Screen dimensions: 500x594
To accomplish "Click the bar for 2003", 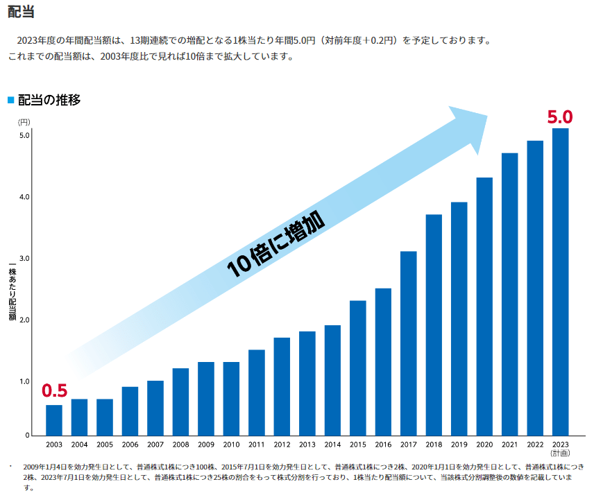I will (54, 420).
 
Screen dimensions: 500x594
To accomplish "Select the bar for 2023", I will (560, 282).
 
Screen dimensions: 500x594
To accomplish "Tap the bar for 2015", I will (357, 368).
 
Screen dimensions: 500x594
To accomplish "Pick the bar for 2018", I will (434, 325).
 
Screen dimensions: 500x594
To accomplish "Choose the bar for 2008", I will (180, 402).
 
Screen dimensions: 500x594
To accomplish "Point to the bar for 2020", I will (484, 306).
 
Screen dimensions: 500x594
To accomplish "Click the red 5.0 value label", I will (559, 117).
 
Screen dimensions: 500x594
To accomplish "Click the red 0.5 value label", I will (54, 391).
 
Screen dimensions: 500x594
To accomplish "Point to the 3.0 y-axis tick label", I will (24, 259).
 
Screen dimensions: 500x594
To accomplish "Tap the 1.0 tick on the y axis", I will (24, 381).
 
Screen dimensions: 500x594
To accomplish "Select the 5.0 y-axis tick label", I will (24, 135).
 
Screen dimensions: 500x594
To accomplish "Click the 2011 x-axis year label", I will (256, 445).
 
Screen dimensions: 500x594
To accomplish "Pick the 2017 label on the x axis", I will (408, 445).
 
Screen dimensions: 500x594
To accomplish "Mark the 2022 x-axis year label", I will (535, 445).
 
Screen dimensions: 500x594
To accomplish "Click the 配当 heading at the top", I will (21, 12).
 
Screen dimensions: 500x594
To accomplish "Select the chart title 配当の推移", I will (49, 100).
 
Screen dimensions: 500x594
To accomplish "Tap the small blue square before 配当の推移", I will (10, 100).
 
